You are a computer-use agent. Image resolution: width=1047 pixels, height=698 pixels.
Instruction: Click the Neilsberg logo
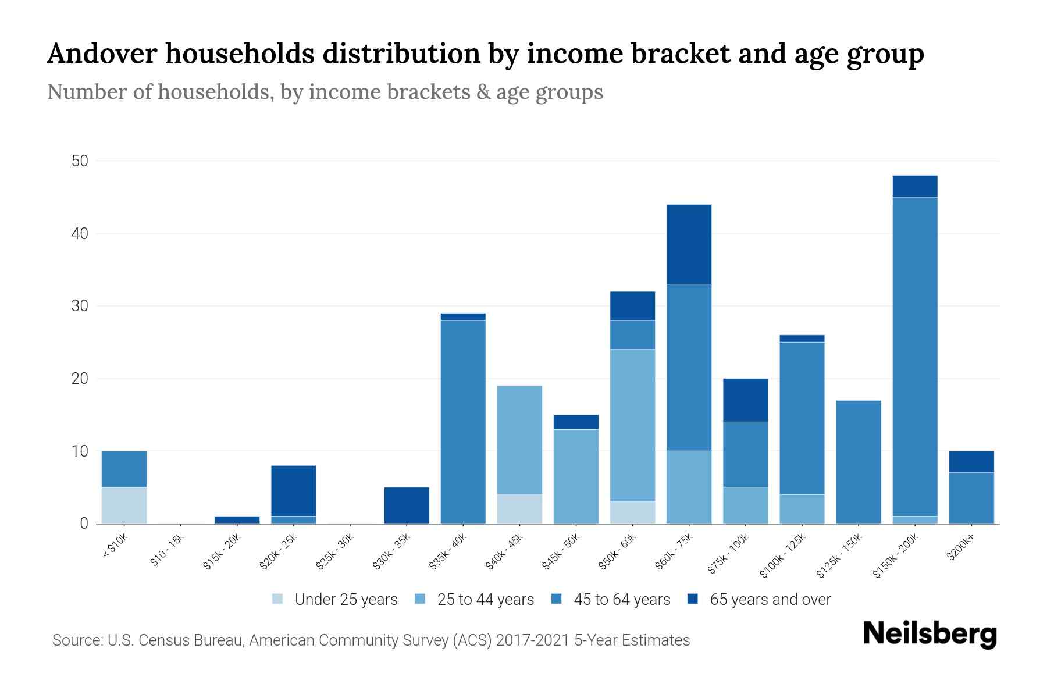[930, 634]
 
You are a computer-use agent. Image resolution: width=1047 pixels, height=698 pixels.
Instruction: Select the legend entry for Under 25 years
[346, 600]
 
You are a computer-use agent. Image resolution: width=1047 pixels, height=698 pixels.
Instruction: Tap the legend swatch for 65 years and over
[693, 599]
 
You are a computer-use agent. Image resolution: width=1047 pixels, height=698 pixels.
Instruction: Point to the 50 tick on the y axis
[80, 161]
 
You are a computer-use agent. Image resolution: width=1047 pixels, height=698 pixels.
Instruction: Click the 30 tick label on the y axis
[80, 306]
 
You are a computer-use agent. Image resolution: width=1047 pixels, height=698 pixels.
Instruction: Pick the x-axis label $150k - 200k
[896, 556]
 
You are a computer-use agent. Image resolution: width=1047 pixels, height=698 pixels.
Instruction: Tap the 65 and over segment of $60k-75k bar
[689, 244]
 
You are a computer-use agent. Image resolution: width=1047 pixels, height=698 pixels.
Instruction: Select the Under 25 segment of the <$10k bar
[124, 505]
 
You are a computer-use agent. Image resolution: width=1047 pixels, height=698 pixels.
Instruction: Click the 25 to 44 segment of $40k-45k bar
[519, 440]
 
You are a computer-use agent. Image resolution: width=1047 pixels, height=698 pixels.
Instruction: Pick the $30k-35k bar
[407, 505]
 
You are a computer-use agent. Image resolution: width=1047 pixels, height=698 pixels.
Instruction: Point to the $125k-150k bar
[859, 462]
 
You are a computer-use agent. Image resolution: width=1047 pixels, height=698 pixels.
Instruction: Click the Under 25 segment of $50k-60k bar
[632, 512]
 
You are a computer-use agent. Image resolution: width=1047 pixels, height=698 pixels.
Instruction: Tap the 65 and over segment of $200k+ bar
[971, 462]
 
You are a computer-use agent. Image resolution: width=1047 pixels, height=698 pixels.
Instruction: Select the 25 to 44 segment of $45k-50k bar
[576, 476]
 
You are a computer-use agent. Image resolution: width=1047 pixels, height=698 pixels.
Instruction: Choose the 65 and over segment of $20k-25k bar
[294, 490]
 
